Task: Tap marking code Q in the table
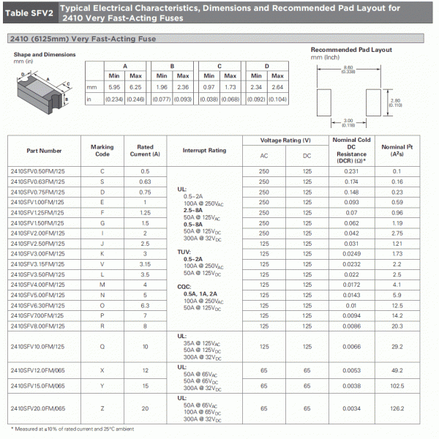click(102, 346)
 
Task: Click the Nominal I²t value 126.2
click(418, 408)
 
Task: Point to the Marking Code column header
click(102, 151)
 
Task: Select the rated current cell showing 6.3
click(145, 305)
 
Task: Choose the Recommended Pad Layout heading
click(351, 50)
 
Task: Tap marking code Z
click(102, 408)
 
